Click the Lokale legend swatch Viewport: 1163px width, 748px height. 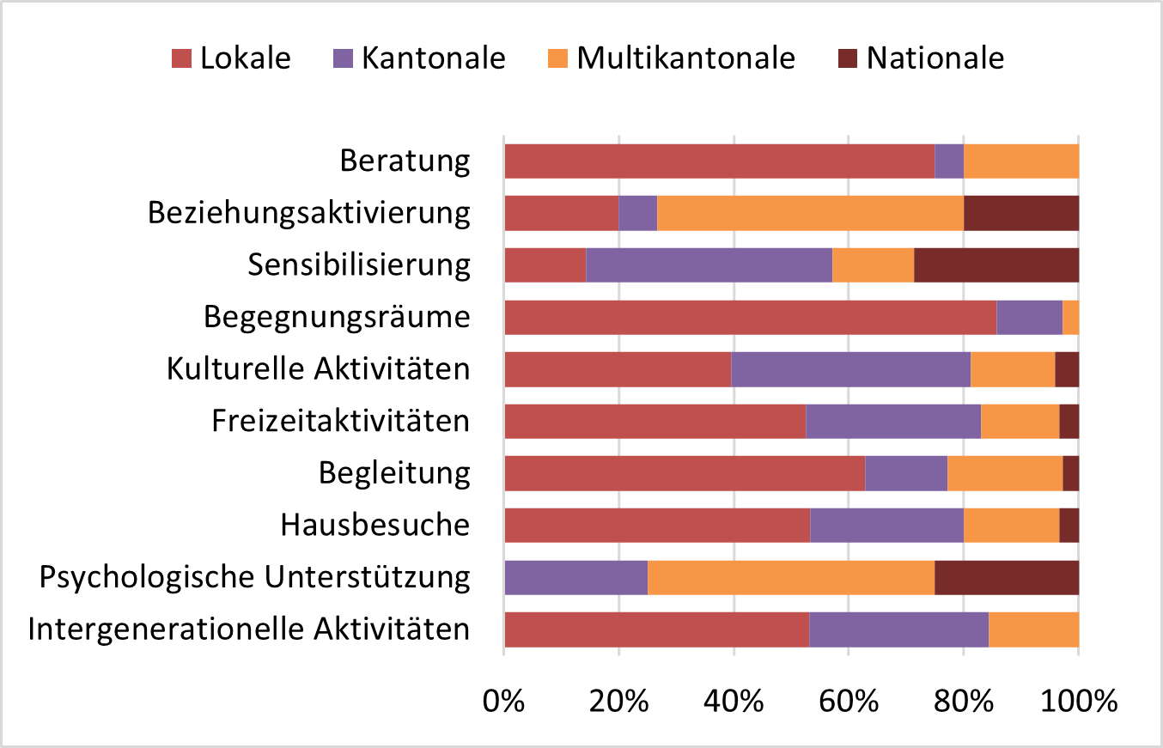[x=181, y=58]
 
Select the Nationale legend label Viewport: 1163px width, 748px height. [x=935, y=58]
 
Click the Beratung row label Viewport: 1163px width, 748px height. [x=405, y=161]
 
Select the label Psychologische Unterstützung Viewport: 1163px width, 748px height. [x=255, y=577]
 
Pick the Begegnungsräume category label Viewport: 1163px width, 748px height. [x=337, y=317]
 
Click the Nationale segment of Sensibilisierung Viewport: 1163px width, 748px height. [x=996, y=265]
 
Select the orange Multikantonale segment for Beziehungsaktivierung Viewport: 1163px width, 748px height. [x=810, y=213]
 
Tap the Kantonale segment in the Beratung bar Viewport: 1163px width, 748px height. [x=948, y=161]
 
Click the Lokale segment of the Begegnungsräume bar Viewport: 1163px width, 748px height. [x=750, y=317]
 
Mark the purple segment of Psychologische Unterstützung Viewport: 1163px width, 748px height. [x=575, y=577]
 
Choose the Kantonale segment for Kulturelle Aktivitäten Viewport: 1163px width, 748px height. [x=850, y=369]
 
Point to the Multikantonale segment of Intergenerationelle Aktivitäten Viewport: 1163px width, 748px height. [x=1033, y=629]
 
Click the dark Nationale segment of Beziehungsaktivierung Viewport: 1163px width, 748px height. [x=1020, y=213]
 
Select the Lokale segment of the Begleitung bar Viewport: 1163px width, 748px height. [x=685, y=473]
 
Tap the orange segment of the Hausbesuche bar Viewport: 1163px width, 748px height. [x=1011, y=526]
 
